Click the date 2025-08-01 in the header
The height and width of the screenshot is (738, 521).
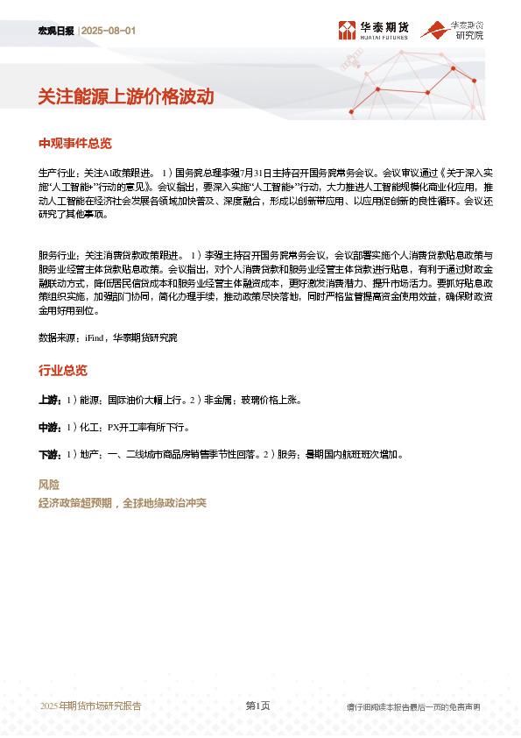pos(109,31)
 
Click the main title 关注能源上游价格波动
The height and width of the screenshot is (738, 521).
pos(126,96)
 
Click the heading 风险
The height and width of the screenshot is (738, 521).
pos(49,485)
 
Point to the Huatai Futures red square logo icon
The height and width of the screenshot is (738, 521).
pos(348,31)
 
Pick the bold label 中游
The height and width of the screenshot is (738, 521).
pos(49,428)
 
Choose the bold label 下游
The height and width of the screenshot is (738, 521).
pos(49,455)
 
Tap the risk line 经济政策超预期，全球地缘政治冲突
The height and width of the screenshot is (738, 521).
pos(123,503)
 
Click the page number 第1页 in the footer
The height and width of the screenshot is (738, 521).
pos(257,706)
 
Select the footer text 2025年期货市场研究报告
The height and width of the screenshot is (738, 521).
pos(91,706)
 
